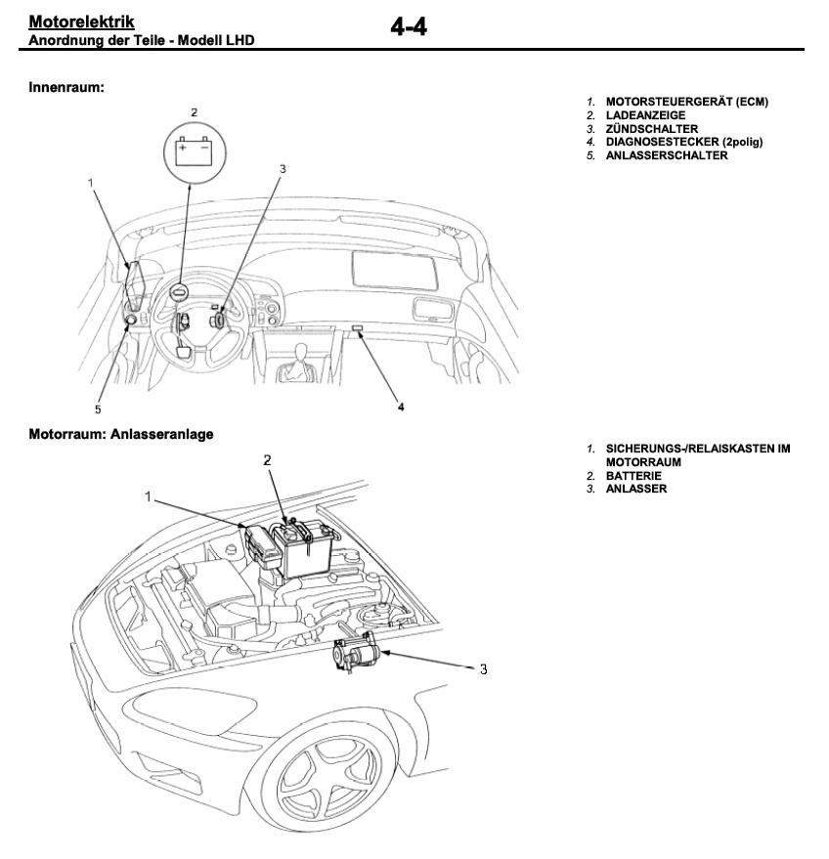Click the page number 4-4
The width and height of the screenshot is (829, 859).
click(409, 26)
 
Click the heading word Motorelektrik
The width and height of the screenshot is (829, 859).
click(81, 21)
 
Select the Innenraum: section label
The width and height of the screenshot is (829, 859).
click(66, 87)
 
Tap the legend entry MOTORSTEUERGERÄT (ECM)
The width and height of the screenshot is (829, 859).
click(686, 102)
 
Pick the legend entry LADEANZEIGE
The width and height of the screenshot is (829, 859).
click(645, 115)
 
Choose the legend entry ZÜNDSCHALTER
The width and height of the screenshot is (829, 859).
click(651, 129)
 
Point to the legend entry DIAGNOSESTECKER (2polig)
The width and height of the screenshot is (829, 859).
click(683, 142)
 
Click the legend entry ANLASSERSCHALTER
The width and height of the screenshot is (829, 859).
click(667, 155)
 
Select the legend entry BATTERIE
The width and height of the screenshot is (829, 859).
click(633, 476)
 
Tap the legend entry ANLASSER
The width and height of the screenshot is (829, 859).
click(635, 489)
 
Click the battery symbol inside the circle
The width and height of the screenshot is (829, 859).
click(194, 151)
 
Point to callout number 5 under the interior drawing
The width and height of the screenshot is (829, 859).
click(98, 409)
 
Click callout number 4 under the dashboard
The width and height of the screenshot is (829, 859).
click(401, 408)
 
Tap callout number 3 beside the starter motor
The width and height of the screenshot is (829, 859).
click(483, 668)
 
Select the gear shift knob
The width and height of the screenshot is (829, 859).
click(300, 354)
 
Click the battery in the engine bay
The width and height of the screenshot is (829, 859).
click(303, 549)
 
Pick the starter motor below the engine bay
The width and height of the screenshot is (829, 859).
click(355, 652)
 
